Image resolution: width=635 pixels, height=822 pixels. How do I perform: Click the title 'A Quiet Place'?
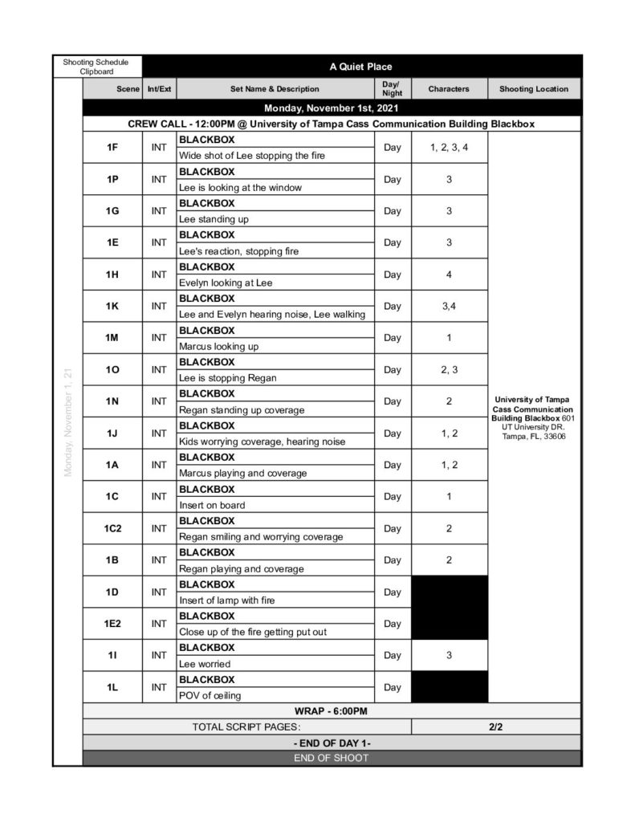(x=360, y=67)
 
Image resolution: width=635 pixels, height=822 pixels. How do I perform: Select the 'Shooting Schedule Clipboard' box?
(x=97, y=67)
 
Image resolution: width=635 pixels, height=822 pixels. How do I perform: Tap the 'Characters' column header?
(x=449, y=89)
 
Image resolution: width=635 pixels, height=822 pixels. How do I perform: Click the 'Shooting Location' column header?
(x=534, y=89)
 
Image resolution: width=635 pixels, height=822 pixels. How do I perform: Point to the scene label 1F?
(x=112, y=148)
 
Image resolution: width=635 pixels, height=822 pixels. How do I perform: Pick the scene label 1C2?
(x=112, y=528)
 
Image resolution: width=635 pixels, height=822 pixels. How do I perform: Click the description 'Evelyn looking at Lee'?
(x=226, y=283)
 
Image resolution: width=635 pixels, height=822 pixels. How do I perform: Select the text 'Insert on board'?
(x=212, y=505)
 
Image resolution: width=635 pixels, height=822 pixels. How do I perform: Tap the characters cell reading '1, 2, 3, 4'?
(x=449, y=148)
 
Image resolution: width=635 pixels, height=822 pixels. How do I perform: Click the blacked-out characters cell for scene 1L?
(x=449, y=687)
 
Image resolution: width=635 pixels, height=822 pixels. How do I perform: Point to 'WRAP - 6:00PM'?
(x=332, y=711)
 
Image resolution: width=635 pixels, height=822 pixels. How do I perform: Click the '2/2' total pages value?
(x=495, y=727)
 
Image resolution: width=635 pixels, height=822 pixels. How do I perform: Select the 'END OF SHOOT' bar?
(x=332, y=758)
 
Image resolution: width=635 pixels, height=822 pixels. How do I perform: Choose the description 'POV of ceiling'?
(x=210, y=695)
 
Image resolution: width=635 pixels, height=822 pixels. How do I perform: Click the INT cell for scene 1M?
(x=159, y=338)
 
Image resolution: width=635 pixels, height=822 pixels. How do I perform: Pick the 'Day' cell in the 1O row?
(x=392, y=370)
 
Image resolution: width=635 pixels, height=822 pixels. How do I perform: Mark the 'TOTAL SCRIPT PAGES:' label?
(x=246, y=727)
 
